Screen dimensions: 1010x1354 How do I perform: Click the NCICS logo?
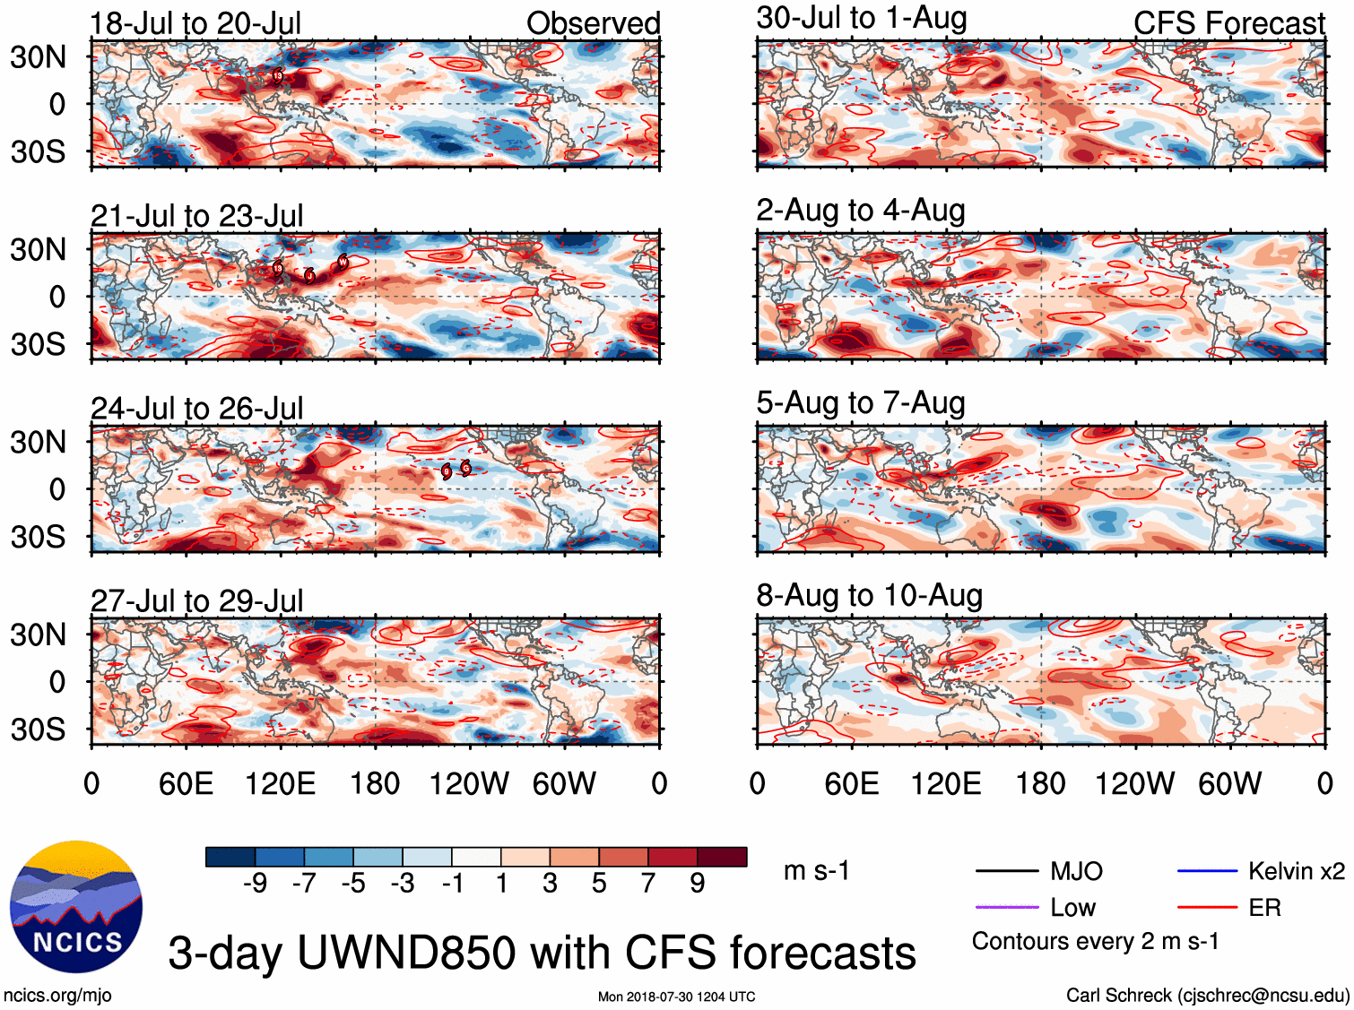click(x=76, y=907)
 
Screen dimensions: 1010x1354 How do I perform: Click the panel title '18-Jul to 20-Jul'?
click(x=195, y=23)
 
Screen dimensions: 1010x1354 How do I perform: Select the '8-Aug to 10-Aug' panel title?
click(x=869, y=596)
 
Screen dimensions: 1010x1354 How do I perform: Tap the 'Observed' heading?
click(x=593, y=23)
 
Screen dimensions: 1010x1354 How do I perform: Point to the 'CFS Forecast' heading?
click(x=1228, y=23)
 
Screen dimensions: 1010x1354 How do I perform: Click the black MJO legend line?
click(x=1006, y=871)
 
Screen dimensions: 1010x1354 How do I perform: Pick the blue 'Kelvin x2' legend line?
click(x=1207, y=871)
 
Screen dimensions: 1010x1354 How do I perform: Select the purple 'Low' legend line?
click(x=1006, y=908)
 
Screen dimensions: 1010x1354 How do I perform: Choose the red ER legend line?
click(x=1207, y=908)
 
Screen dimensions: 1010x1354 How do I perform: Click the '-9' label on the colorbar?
click(x=255, y=884)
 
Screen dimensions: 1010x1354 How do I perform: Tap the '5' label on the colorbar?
click(x=598, y=884)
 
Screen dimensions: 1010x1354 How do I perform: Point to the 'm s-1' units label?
click(x=816, y=871)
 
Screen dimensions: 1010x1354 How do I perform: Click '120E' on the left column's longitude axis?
click(x=280, y=784)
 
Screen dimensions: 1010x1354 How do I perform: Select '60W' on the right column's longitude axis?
click(x=1229, y=784)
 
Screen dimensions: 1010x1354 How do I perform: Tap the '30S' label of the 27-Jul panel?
click(x=38, y=729)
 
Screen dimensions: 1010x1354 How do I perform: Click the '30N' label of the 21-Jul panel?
click(x=38, y=250)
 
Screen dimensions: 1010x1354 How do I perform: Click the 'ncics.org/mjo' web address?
click(x=57, y=995)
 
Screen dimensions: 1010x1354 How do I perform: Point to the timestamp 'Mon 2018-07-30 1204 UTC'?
click(x=676, y=997)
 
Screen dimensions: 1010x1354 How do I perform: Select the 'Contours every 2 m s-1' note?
click(x=1095, y=942)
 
